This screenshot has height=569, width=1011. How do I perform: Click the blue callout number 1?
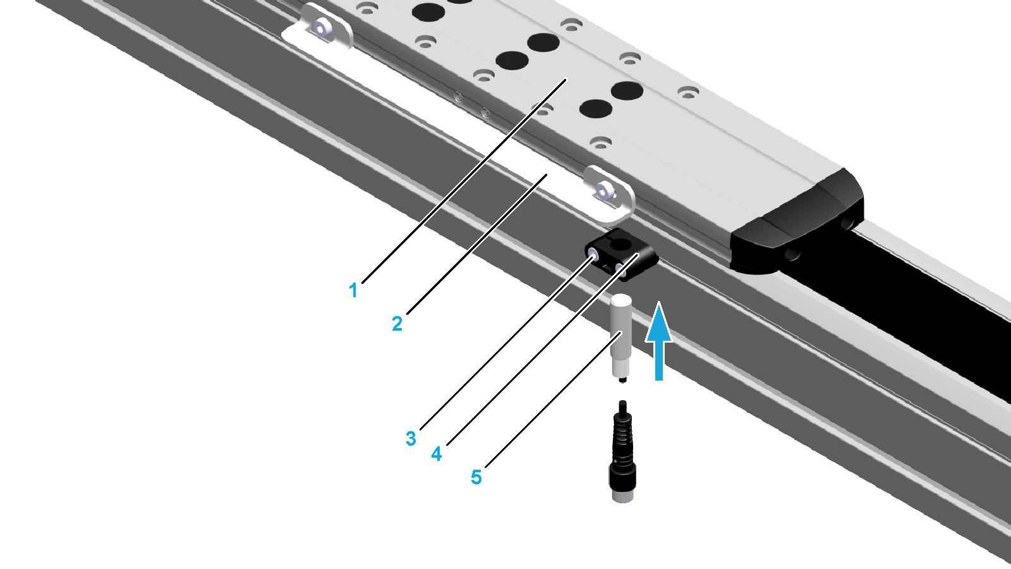tap(353, 290)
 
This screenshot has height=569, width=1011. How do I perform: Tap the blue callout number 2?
tap(397, 324)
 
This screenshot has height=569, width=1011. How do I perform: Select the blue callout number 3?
tap(411, 439)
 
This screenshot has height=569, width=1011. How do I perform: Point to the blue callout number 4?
tap(437, 453)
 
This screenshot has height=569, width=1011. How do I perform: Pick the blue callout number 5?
tap(476, 477)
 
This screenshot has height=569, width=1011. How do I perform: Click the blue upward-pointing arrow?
tap(659, 341)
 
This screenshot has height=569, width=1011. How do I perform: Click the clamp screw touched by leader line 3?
tap(593, 255)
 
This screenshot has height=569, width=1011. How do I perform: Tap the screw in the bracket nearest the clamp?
tap(603, 192)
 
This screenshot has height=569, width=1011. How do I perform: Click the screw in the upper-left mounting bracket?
tap(322, 28)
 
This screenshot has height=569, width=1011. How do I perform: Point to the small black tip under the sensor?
tap(623, 380)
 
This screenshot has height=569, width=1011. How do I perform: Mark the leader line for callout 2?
tap(476, 244)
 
